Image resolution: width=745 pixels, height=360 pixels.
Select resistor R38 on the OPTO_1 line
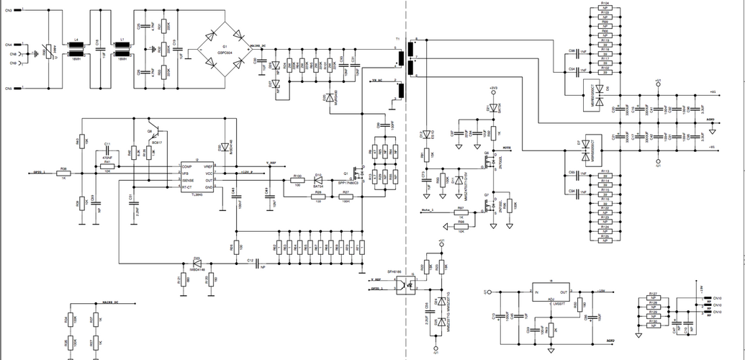click(x=63, y=173)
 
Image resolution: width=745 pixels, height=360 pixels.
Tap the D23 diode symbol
click(x=196, y=264)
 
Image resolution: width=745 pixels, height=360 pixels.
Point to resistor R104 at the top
click(x=605, y=9)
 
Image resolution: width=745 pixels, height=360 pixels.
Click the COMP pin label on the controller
click(x=186, y=167)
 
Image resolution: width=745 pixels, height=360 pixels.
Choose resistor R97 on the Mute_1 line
click(x=461, y=211)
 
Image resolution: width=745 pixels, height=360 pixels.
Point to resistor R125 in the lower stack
click(x=605, y=237)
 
